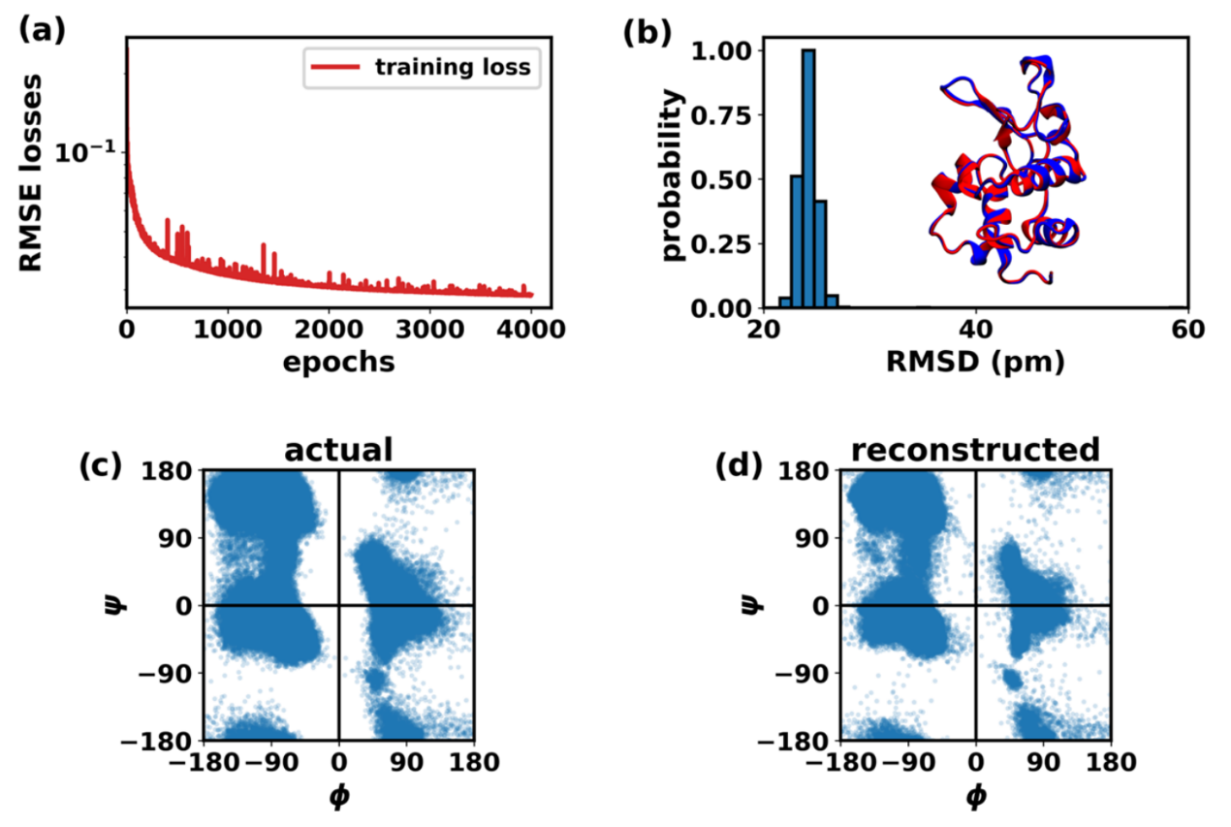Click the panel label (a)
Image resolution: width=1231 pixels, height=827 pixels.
point(41,30)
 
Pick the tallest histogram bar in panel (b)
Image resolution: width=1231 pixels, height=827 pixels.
point(808,178)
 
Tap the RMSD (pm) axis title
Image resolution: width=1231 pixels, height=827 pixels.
point(975,363)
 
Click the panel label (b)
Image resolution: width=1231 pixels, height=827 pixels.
point(647,30)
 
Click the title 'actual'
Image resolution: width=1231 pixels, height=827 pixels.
point(337,450)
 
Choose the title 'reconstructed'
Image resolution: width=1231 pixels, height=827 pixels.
point(975,450)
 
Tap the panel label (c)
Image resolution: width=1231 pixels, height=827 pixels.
point(100,466)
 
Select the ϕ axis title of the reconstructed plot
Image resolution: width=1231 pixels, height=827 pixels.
point(975,796)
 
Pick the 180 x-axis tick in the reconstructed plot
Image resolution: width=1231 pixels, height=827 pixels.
point(1110,763)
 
